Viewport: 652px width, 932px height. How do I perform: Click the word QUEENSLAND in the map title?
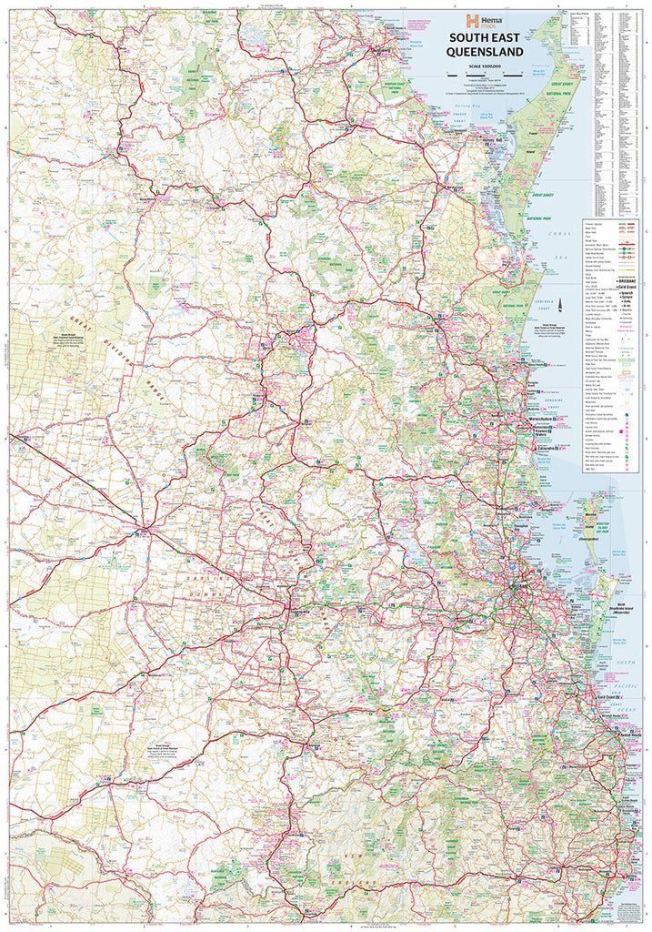coord(483,53)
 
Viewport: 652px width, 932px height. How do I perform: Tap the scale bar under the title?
coord(483,73)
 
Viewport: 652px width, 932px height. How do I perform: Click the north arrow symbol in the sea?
coord(562,305)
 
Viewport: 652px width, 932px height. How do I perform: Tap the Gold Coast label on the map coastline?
coord(600,697)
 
